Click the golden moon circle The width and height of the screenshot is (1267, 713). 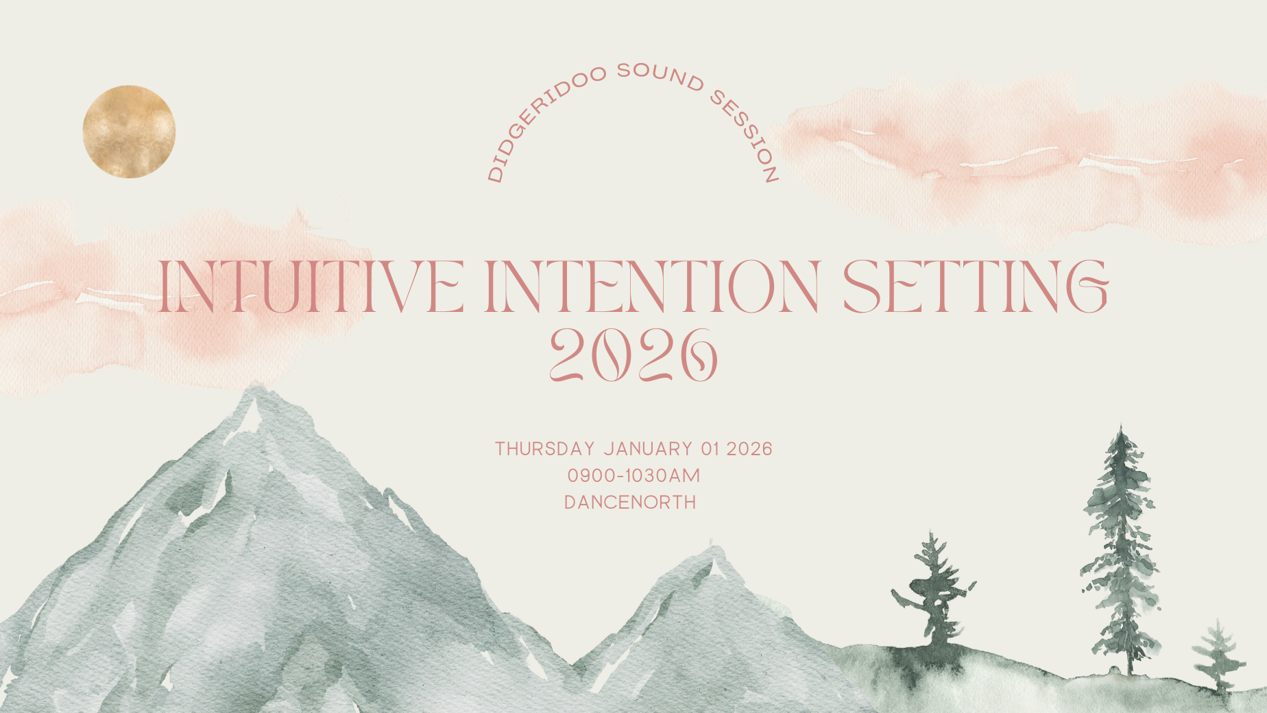click(129, 132)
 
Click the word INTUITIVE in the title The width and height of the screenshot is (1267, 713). click(310, 287)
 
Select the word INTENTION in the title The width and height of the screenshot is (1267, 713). click(652, 287)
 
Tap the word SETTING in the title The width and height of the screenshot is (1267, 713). click(975, 287)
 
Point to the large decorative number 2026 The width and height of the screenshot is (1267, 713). click(633, 354)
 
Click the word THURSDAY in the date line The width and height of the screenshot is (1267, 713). click(545, 449)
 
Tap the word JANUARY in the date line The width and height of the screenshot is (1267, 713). click(649, 449)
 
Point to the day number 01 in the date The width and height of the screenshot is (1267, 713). click(710, 449)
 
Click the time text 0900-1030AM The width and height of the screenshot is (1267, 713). click(633, 475)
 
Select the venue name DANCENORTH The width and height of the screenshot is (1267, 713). click(630, 503)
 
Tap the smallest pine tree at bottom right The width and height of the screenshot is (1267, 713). click(1218, 655)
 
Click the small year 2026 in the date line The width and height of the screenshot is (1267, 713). click(749, 449)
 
